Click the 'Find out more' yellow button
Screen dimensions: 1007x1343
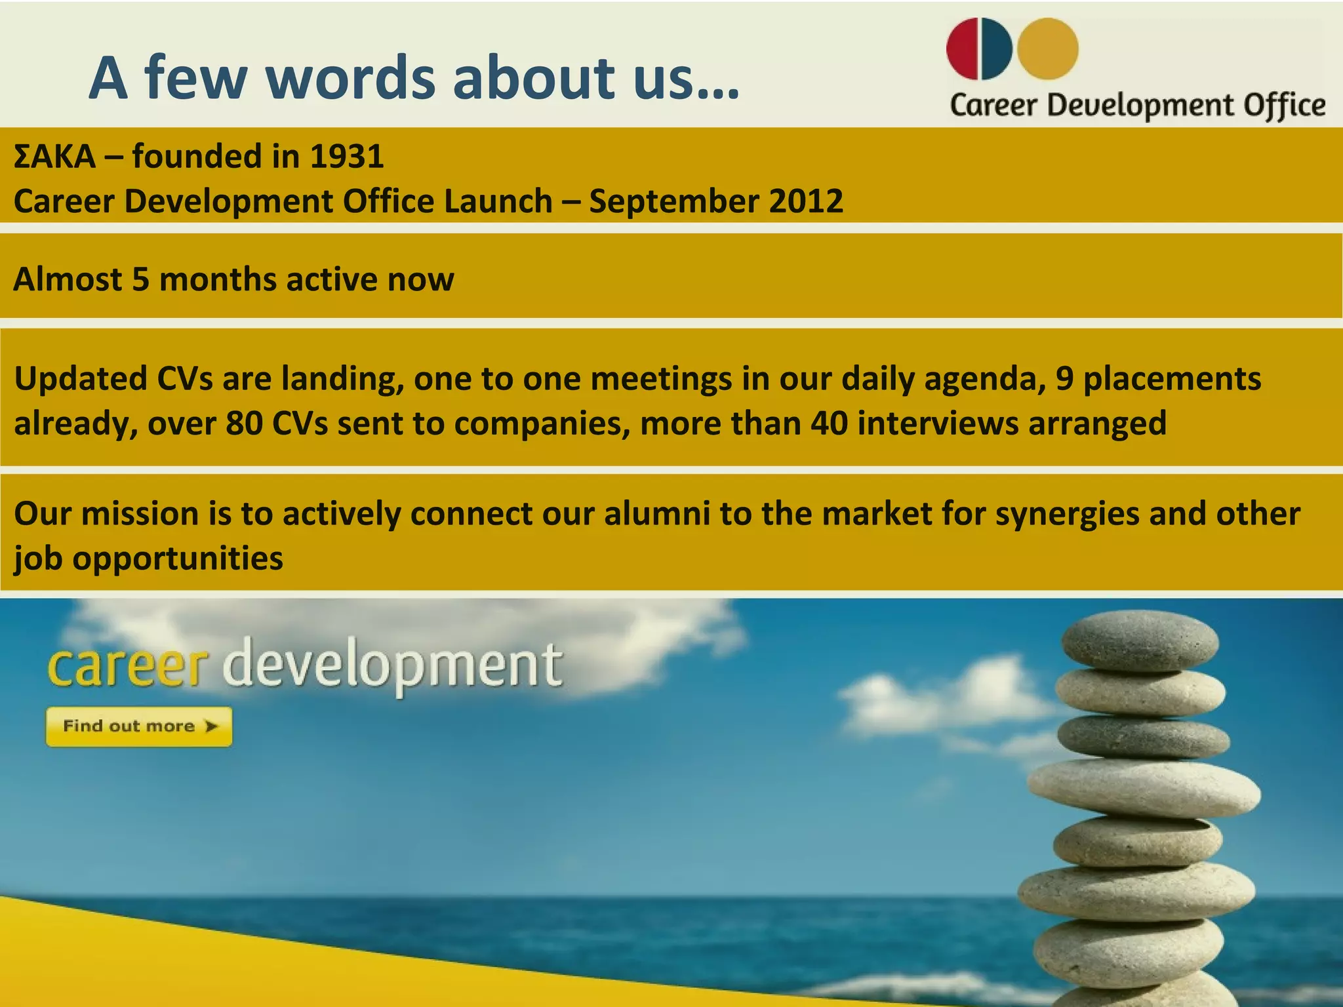(139, 726)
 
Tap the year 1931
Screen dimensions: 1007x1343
(346, 157)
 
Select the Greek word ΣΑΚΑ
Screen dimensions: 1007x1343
(54, 157)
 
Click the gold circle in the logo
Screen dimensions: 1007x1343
(1047, 49)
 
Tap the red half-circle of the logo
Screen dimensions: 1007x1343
(962, 49)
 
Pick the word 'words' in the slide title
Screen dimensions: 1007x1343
(350, 78)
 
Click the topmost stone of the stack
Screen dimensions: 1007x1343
(1140, 641)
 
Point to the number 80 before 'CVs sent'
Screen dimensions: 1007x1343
(244, 424)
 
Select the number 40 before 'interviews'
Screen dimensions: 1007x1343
(829, 424)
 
